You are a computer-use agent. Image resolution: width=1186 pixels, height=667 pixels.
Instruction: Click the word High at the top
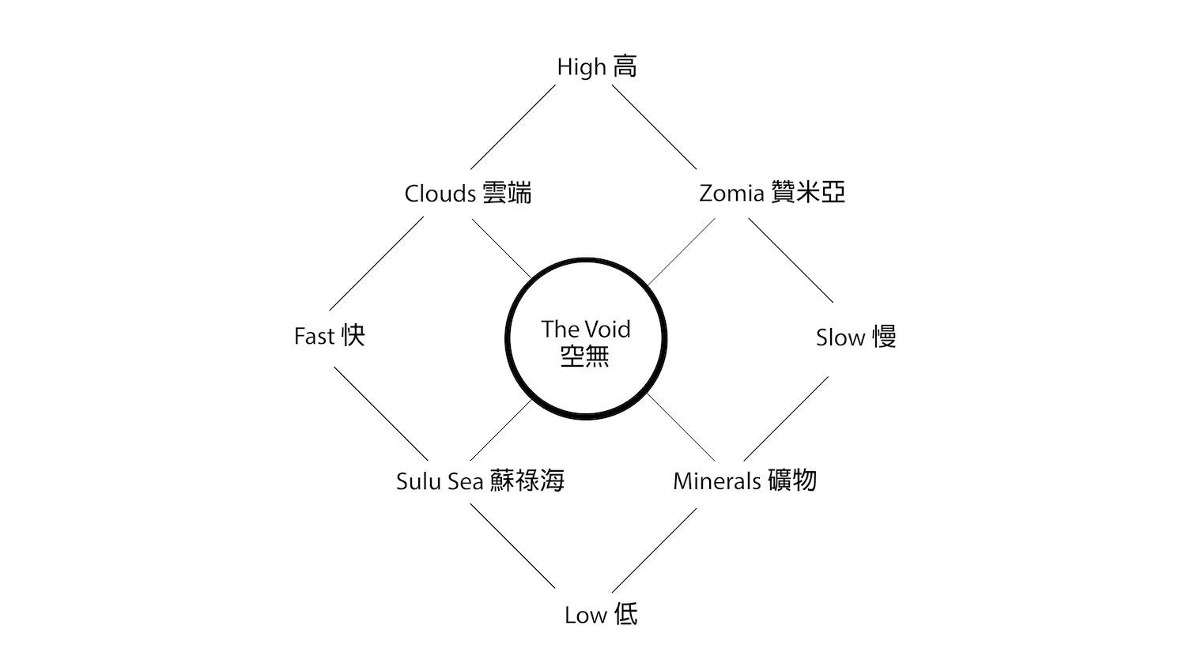581,67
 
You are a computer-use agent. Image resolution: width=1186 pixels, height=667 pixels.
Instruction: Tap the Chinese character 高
625,66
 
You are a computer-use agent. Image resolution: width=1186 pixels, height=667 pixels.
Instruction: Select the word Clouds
440,194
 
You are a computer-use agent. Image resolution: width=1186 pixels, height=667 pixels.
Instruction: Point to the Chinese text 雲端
507,193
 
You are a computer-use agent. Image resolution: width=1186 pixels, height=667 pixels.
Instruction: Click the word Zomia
731,194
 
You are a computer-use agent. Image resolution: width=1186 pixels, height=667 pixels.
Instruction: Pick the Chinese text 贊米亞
807,193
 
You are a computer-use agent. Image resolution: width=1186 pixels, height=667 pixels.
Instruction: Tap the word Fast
315,337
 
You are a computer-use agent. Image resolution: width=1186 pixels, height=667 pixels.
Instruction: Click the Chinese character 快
353,336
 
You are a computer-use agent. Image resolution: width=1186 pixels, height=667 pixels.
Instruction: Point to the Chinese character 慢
884,337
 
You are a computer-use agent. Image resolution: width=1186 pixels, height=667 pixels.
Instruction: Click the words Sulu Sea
440,481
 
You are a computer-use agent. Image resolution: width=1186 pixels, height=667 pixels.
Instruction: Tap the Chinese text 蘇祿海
527,480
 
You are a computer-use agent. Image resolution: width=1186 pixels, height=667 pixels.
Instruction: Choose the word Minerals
717,481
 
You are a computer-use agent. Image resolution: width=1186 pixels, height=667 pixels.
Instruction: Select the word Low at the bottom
585,616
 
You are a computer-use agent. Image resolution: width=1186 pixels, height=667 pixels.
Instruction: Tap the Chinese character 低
625,615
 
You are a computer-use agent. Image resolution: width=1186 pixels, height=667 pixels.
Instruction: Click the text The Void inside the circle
586,330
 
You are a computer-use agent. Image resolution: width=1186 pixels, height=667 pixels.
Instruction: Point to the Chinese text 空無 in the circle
585,356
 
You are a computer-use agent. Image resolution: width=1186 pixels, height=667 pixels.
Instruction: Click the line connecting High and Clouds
514,127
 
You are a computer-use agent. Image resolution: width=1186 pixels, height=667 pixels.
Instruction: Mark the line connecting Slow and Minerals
786,418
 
